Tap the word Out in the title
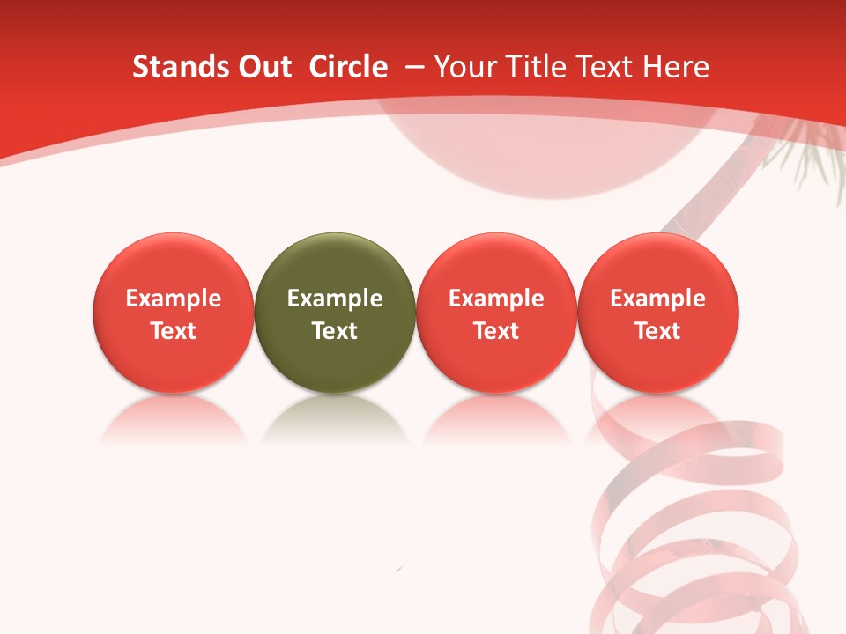(x=263, y=67)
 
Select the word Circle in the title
(x=348, y=67)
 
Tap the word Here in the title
(x=677, y=67)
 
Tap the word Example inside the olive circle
(x=335, y=299)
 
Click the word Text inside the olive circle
(x=335, y=331)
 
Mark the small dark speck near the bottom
(x=400, y=570)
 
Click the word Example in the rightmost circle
(x=658, y=299)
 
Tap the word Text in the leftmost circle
(x=174, y=331)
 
